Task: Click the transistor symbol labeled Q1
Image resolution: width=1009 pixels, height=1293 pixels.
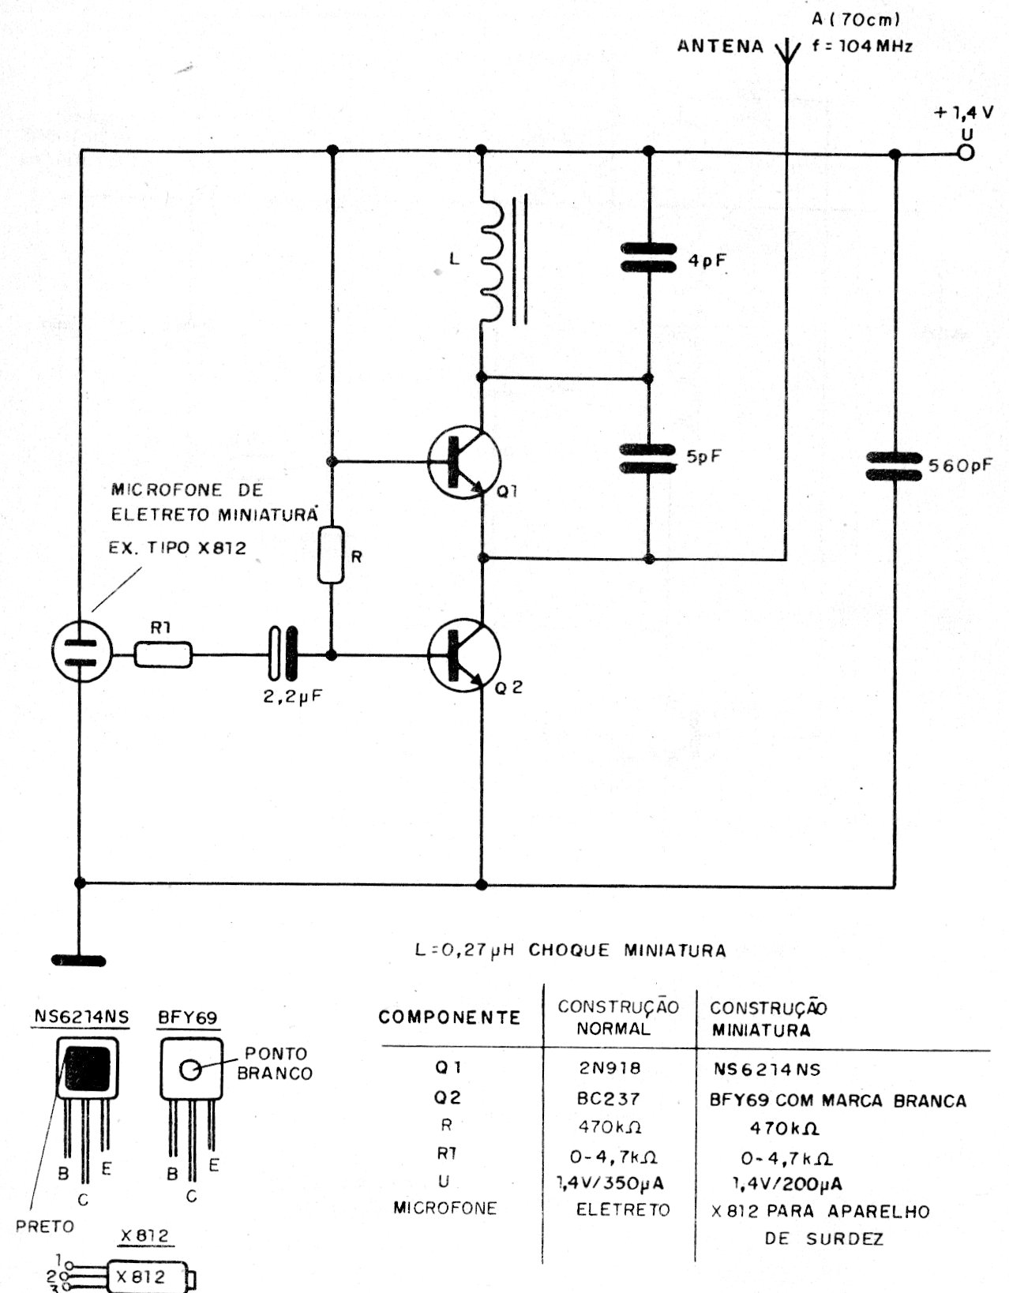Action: [464, 463]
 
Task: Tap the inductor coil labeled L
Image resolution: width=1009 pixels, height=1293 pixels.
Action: [491, 260]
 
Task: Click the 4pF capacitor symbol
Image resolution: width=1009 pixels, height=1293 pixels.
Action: [649, 258]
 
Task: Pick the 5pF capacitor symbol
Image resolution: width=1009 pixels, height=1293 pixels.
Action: [649, 459]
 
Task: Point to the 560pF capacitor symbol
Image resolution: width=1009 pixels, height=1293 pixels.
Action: [894, 467]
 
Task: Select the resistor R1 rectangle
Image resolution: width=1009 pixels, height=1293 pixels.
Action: [163, 654]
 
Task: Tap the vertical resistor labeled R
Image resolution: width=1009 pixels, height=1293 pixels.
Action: [331, 555]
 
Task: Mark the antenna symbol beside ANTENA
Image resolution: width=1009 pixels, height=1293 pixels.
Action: [786, 51]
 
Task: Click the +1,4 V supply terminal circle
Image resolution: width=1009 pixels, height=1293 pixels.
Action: [965, 154]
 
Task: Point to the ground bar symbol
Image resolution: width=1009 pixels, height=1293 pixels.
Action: [78, 961]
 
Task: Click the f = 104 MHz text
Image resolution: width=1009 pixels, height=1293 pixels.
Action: [861, 46]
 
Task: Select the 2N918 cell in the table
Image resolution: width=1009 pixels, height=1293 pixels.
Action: [609, 1068]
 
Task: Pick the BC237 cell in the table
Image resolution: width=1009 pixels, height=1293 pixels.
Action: [609, 1098]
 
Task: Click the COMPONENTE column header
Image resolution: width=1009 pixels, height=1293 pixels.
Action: [449, 1017]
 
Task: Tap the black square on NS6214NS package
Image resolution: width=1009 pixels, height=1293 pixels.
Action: [87, 1067]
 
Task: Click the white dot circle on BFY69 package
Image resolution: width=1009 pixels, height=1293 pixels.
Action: [191, 1070]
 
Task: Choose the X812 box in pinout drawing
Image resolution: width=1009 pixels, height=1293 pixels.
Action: [142, 1276]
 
